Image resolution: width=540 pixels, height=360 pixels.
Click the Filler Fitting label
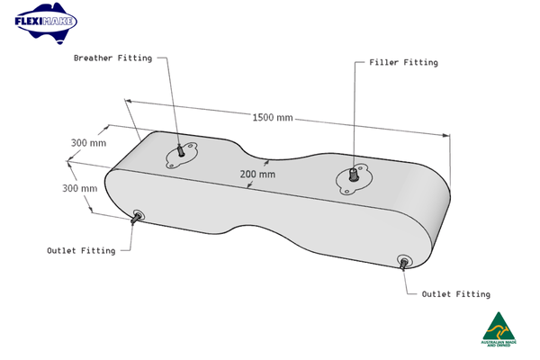tap(403, 63)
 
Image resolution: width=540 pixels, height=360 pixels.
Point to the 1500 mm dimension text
tap(273, 118)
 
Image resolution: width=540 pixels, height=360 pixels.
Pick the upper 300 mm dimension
tap(88, 143)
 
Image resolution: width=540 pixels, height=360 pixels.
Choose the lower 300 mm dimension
tap(79, 189)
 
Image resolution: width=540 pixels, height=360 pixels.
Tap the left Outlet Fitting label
tap(81, 251)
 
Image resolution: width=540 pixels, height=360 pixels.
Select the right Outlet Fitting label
tap(455, 294)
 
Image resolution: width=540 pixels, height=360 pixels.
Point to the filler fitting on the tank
tap(352, 175)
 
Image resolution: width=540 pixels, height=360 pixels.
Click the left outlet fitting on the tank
tap(137, 216)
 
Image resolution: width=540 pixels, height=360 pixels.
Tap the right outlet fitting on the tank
tap(403, 262)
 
